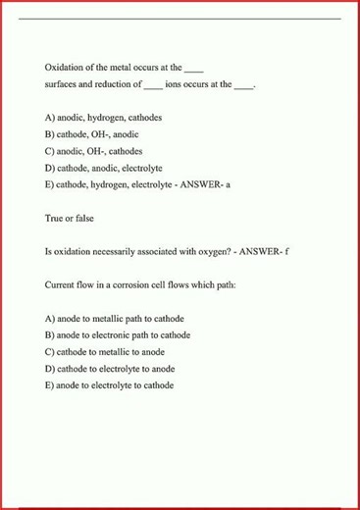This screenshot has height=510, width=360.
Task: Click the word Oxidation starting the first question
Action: pyautogui.click(x=64, y=68)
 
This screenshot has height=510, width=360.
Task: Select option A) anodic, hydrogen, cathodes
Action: pyautogui.click(x=104, y=117)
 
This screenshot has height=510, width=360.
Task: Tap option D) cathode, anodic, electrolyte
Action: pyautogui.click(x=104, y=168)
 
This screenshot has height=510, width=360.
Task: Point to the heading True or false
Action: pyautogui.click(x=70, y=218)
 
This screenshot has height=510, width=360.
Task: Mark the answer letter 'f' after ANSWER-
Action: pyautogui.click(x=286, y=251)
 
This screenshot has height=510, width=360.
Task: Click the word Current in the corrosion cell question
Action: pyautogui.click(x=61, y=284)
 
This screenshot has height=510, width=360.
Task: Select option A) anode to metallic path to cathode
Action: pyautogui.click(x=115, y=319)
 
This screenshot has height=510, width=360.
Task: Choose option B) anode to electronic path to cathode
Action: pyautogui.click(x=118, y=335)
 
